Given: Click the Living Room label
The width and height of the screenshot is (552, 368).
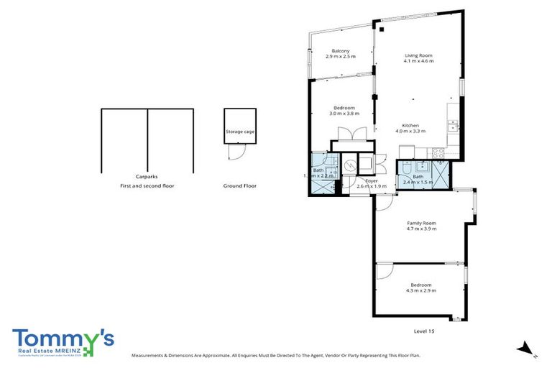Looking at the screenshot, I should (x=418, y=55).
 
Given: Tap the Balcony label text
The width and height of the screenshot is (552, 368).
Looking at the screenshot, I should (x=341, y=51).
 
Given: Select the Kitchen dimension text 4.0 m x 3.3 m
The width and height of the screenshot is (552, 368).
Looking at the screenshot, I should (x=410, y=132).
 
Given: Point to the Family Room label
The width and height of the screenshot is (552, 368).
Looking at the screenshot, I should (x=421, y=223).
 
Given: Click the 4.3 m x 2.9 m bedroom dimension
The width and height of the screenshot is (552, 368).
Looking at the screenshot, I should (x=421, y=290).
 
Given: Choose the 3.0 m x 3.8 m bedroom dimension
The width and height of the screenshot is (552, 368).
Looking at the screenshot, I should (x=344, y=114).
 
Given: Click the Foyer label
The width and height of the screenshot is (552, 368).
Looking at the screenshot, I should (x=372, y=180).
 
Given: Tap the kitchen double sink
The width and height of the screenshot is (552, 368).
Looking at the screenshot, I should (x=454, y=126).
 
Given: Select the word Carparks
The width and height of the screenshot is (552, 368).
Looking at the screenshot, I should (x=147, y=176).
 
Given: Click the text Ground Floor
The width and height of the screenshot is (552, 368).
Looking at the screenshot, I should (x=239, y=185).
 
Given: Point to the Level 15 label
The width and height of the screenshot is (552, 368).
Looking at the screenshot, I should (x=424, y=331).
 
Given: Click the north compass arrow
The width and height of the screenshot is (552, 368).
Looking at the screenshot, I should (x=527, y=349).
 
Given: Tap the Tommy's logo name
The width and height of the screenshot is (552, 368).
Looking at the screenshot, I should (x=63, y=339).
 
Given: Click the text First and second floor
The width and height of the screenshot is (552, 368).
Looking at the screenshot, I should (x=147, y=185).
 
